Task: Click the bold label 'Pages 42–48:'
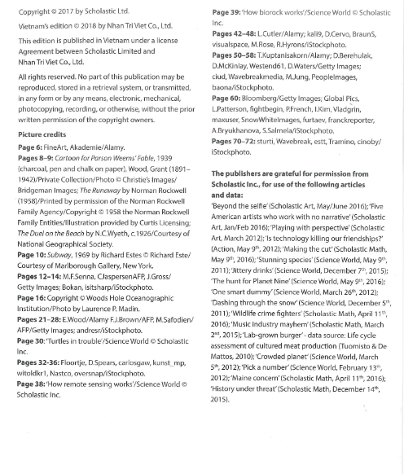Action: (236, 34)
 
